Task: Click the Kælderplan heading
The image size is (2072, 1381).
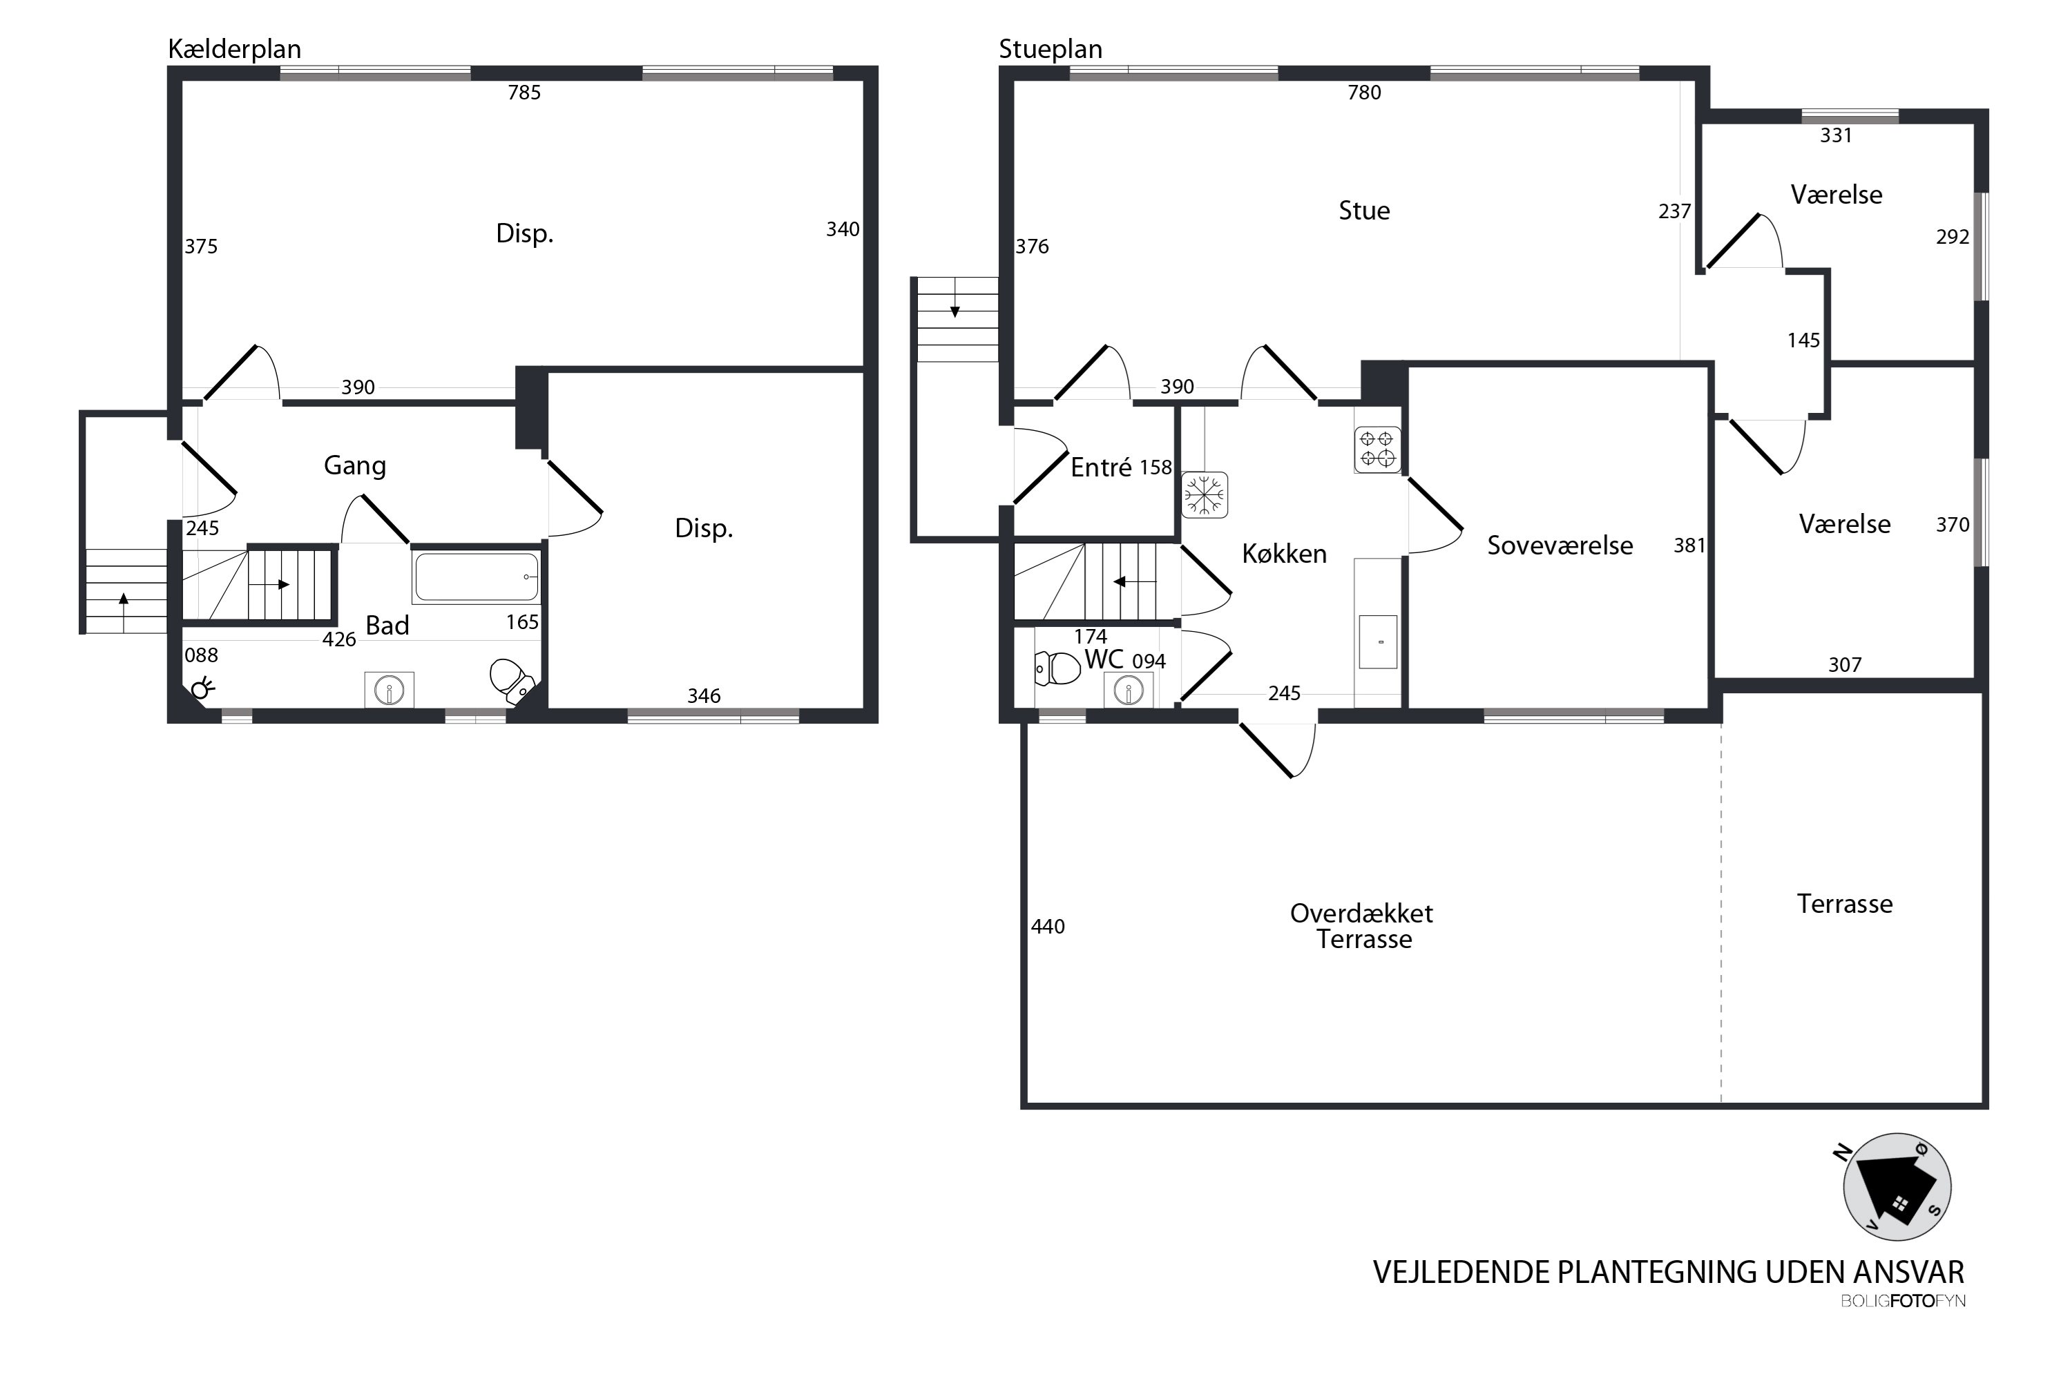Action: point(234,49)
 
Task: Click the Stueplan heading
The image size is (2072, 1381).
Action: point(1050,49)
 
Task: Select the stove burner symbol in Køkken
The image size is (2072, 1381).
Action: point(1377,450)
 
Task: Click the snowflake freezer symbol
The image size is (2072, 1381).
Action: point(1205,495)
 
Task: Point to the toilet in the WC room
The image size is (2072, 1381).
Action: point(1057,668)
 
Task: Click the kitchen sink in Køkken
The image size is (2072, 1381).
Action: point(1378,642)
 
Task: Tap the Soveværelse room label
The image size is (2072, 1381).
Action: point(1560,545)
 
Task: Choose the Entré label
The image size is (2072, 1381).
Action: point(1101,467)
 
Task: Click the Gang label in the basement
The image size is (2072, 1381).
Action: point(355,466)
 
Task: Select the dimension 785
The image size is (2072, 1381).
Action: point(524,93)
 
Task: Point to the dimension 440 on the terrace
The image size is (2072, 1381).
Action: point(1048,927)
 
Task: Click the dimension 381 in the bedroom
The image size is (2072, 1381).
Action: point(1689,546)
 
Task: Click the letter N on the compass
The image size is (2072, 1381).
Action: point(1842,1153)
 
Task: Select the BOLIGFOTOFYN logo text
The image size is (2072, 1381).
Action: point(1903,1301)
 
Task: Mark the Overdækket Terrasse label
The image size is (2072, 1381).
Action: point(1362,926)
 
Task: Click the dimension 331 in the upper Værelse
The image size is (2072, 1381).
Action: point(1836,135)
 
